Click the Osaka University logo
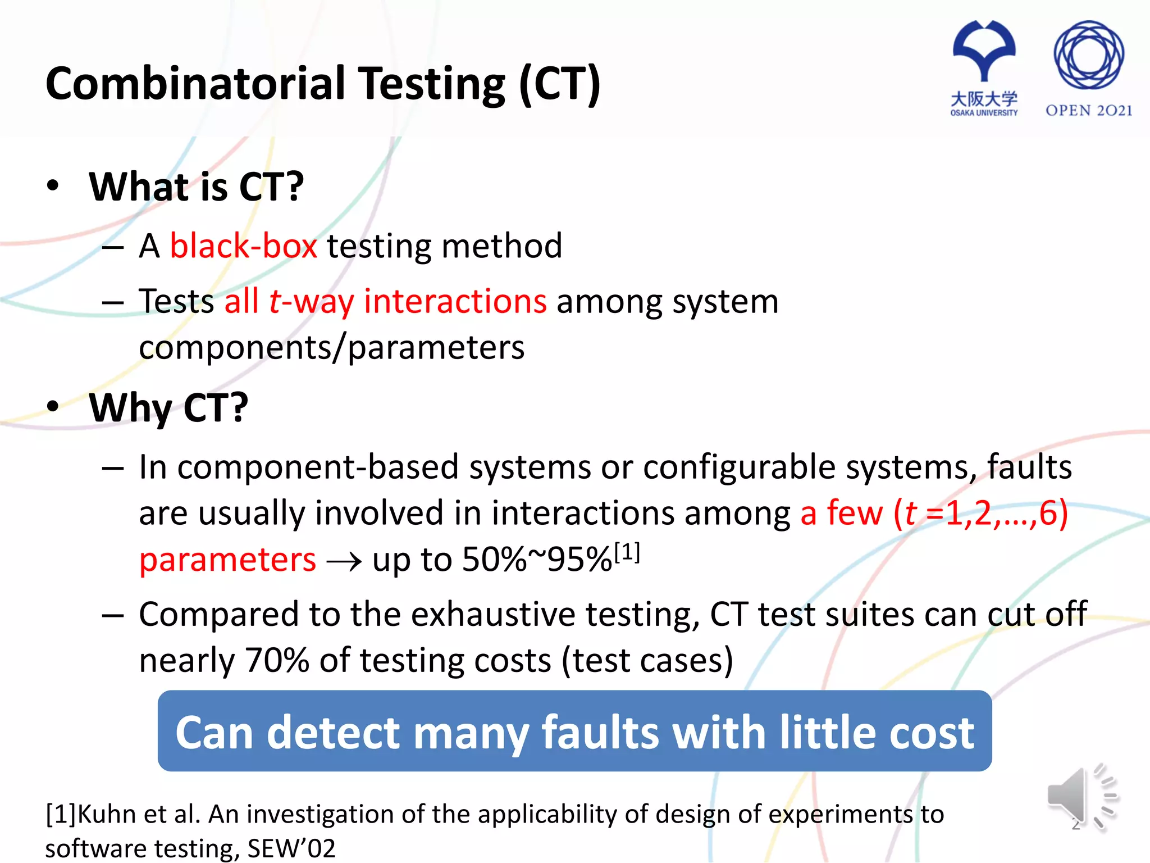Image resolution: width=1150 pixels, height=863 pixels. pyautogui.click(x=984, y=67)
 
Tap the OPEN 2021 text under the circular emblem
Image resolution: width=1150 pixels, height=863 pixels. pyautogui.click(x=1088, y=111)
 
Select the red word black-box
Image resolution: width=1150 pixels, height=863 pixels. pyautogui.click(x=243, y=246)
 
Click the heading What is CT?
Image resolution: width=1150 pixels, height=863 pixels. pyautogui.click(x=197, y=187)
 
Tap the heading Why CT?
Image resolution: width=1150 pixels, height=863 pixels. pyautogui.click(x=168, y=407)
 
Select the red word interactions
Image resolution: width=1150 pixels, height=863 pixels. pyautogui.click(x=455, y=302)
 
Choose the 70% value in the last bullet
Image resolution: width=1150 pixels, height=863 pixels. pyautogui.click(x=277, y=660)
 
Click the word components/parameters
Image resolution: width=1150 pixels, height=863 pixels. pyautogui.click(x=331, y=348)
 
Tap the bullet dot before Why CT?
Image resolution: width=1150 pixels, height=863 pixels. pyautogui.click(x=53, y=406)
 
